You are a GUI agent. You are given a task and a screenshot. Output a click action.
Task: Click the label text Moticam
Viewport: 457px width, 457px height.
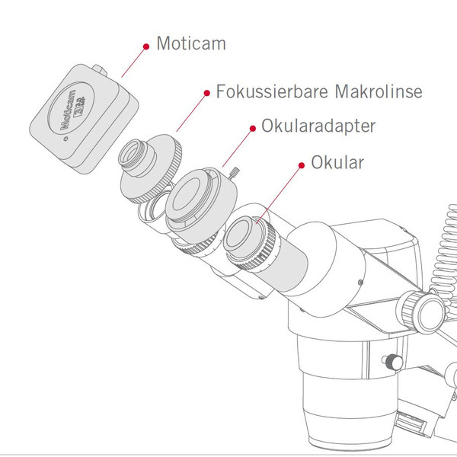point(190,43)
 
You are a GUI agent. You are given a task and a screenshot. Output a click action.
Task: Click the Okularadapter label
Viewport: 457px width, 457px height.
point(318,126)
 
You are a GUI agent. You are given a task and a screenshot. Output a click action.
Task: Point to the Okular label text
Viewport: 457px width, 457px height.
point(337,164)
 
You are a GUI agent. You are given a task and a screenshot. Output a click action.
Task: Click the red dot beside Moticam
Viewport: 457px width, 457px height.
point(145,46)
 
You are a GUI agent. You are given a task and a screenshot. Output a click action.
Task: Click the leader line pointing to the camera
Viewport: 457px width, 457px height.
point(133,62)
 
